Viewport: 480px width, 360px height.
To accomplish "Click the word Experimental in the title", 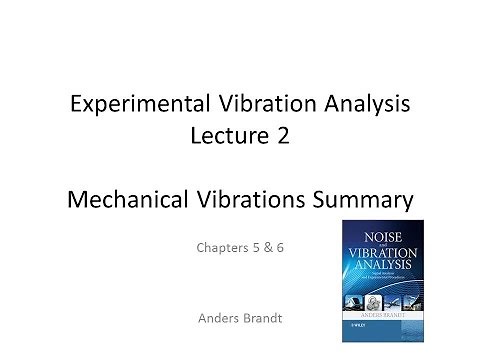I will click(127, 103).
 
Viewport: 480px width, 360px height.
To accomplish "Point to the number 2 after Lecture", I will click(284, 137).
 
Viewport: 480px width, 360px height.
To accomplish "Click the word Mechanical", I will click(129, 200).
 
